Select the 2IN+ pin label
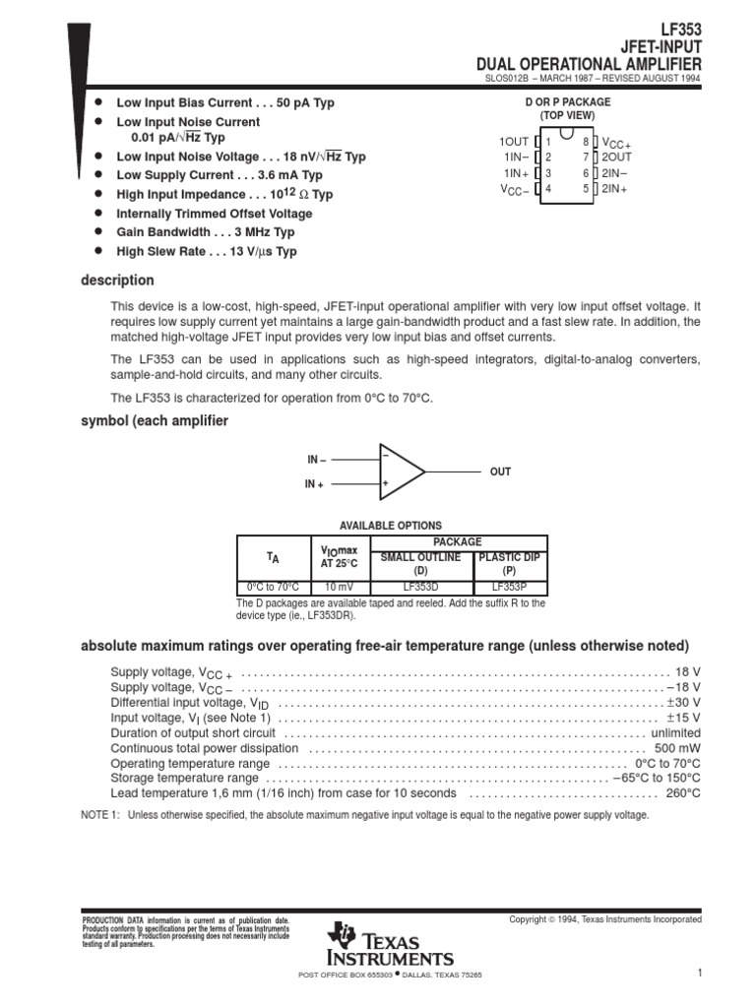[x=615, y=187]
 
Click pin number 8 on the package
[x=585, y=142]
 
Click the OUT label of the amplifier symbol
[x=500, y=472]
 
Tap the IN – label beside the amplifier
[x=316, y=460]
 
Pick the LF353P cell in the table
[x=510, y=587]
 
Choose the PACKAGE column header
[x=458, y=541]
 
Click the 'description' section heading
[x=116, y=281]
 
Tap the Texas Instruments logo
[x=393, y=944]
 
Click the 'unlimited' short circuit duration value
[x=675, y=733]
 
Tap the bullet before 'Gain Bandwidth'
[x=98, y=232]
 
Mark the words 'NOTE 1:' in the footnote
[x=98, y=815]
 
